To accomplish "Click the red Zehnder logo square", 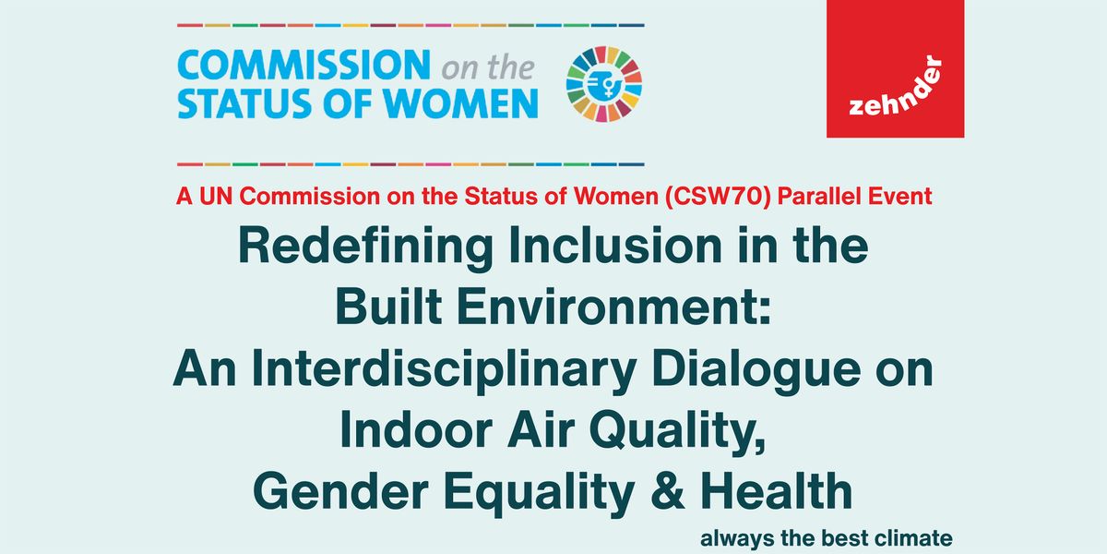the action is (x=895, y=68).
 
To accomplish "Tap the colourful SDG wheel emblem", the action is (x=604, y=84).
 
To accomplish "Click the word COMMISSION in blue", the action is (x=304, y=65).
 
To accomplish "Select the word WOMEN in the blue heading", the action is (x=460, y=103).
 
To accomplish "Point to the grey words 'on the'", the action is (x=488, y=67).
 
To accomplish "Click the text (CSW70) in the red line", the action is (x=718, y=197).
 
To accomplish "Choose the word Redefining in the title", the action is (x=365, y=247).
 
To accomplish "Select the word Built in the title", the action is (x=389, y=307).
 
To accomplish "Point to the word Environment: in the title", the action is (x=614, y=307).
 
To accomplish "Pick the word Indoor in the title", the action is (x=416, y=428).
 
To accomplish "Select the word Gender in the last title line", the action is (x=340, y=491).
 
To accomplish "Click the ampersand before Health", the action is (x=668, y=490).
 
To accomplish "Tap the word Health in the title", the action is (x=777, y=490).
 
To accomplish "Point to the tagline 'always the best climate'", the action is (x=827, y=537).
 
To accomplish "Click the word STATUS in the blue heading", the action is (x=244, y=103).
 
